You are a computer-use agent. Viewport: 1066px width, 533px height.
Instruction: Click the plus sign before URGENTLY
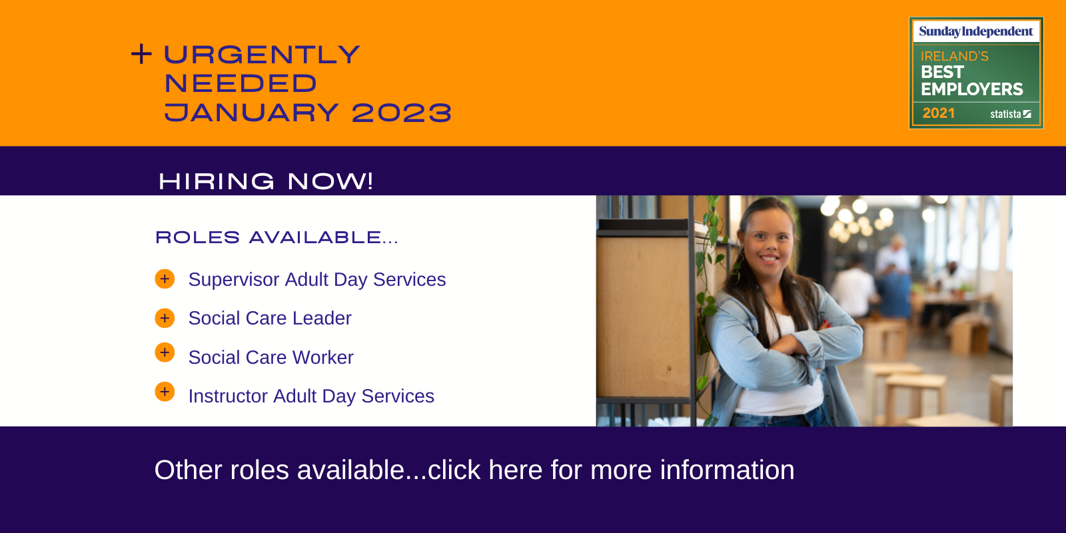[x=141, y=54]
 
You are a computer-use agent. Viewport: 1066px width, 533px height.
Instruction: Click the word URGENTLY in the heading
[x=262, y=54]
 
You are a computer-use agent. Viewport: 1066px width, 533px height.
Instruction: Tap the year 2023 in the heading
[x=402, y=113]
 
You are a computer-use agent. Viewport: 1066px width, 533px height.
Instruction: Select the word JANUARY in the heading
[x=251, y=113]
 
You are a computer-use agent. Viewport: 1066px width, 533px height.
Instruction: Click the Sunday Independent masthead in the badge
[x=976, y=31]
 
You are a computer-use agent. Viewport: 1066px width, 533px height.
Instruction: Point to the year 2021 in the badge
[x=939, y=113]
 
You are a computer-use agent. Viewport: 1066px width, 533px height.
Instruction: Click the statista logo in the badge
[x=1011, y=114]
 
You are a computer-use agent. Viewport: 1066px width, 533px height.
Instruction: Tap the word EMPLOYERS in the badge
[x=972, y=89]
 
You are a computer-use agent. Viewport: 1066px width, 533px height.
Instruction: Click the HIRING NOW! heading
[x=266, y=181]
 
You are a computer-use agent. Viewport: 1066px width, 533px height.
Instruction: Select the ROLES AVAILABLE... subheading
[x=276, y=237]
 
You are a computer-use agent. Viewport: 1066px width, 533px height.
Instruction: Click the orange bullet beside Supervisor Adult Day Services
[x=165, y=279]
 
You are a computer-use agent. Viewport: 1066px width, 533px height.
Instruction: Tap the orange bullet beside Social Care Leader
[x=165, y=318]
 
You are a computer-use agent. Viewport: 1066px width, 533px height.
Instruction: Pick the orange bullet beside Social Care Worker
[x=165, y=352]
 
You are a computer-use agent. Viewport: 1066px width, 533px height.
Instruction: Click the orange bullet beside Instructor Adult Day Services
[x=165, y=392]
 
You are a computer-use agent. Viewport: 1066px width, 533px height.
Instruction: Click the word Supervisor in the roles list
[x=234, y=280]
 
